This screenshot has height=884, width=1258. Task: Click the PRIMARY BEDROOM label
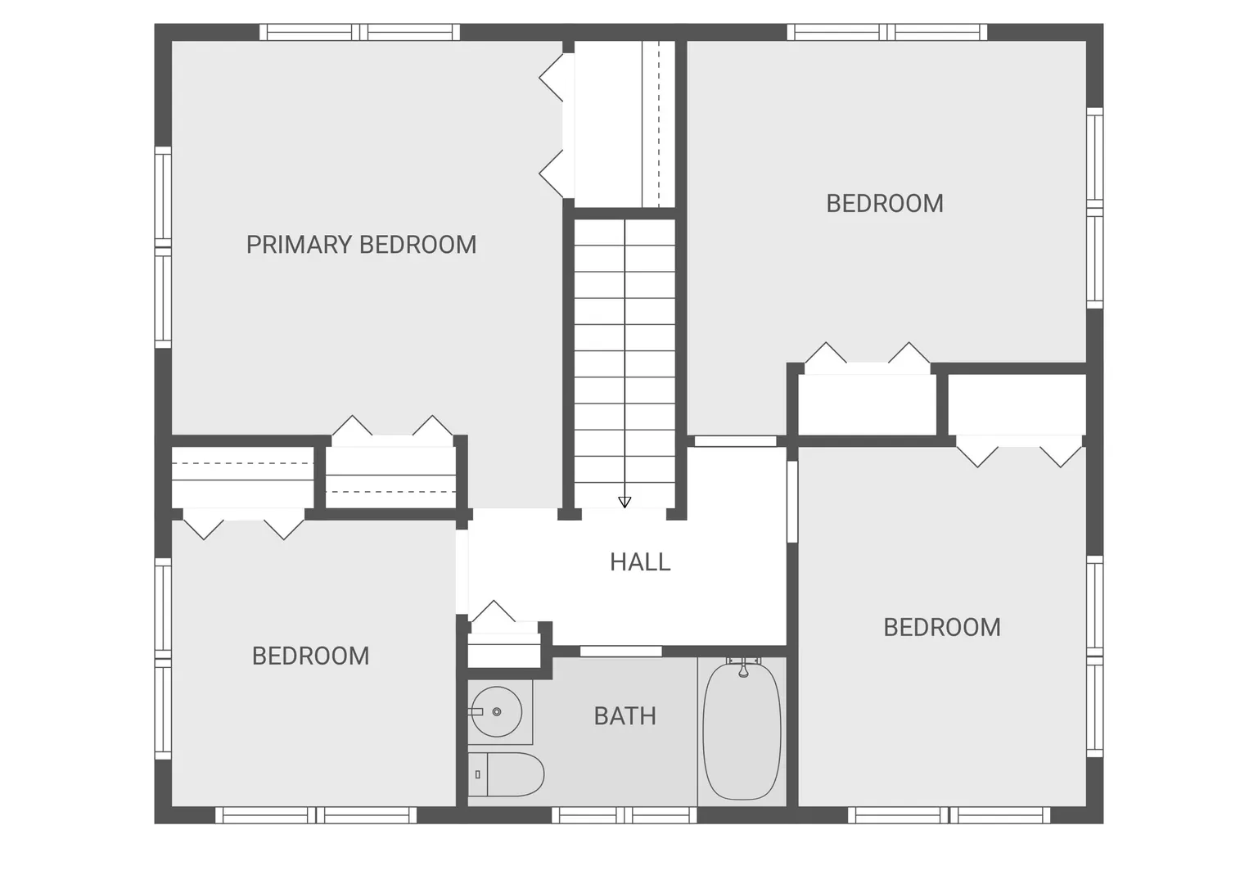pos(361,245)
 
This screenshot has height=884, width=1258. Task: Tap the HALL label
pos(640,562)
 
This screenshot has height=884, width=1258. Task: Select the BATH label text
pos(625,716)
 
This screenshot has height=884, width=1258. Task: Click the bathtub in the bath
pos(742,732)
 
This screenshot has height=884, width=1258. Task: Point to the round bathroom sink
pos(497,711)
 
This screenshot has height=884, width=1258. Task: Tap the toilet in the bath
pos(506,774)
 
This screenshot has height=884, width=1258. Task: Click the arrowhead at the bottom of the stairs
pos(624,502)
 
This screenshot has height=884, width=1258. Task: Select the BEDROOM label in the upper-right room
pos(885,203)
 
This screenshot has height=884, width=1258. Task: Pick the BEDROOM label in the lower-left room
pos(310,656)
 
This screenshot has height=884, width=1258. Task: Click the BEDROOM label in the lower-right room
pos(942,627)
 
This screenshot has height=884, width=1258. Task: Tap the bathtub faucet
pos(743,669)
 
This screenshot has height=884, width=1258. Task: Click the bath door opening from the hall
pos(621,652)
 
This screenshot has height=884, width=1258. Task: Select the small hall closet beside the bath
pos(503,650)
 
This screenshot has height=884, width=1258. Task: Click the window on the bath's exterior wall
pos(624,815)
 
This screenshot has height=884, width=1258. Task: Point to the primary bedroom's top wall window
pos(359,32)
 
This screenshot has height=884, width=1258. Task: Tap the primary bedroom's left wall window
pos(163,247)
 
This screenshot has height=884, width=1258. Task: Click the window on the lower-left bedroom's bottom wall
pos(316,815)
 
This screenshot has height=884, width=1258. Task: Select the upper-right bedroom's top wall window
pos(886,32)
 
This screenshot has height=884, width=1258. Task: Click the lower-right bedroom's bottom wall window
pos(949,815)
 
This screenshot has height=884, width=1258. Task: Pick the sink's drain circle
pos(497,711)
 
